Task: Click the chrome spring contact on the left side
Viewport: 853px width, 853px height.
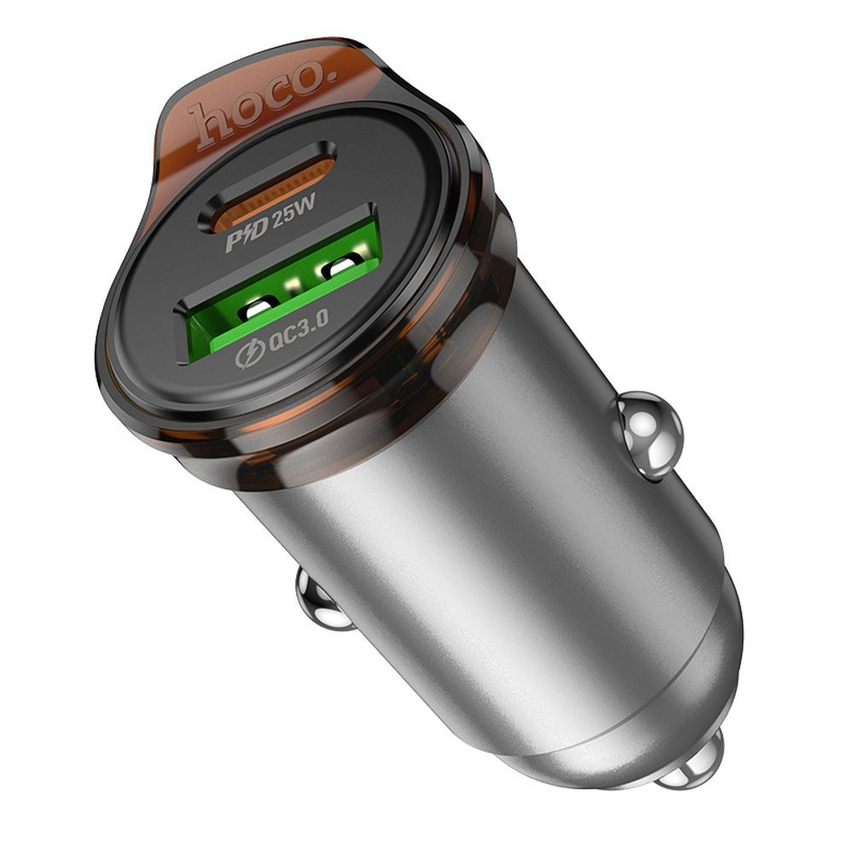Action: pyautogui.click(x=322, y=601)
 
